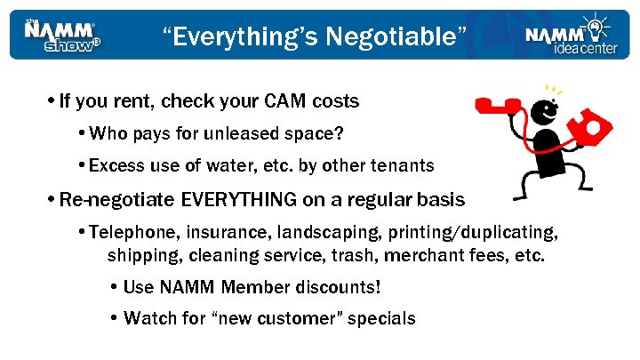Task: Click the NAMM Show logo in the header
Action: coord(61,35)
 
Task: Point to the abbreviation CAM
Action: coord(282,101)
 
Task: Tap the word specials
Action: coord(382,318)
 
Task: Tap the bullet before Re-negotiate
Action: coord(53,198)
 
